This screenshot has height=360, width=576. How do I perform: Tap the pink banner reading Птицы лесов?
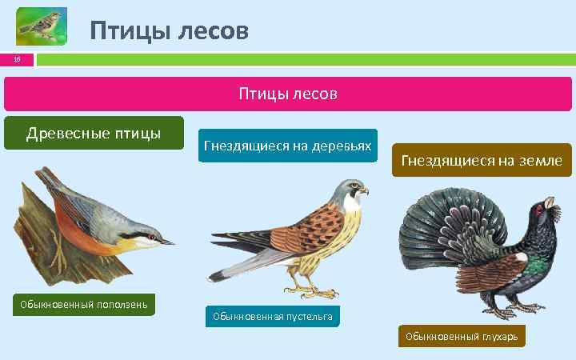click(x=287, y=94)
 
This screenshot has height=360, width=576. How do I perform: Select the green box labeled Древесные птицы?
click(x=94, y=133)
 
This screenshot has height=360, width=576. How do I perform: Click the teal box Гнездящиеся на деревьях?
click(x=287, y=146)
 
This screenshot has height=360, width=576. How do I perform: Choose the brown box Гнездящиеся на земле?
click(x=482, y=161)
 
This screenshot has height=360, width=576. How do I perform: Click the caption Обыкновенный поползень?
click(x=83, y=305)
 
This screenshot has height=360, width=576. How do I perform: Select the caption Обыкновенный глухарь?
click(x=461, y=337)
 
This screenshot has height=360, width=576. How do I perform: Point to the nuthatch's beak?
click(x=166, y=241)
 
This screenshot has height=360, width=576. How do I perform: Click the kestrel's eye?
click(x=353, y=189)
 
